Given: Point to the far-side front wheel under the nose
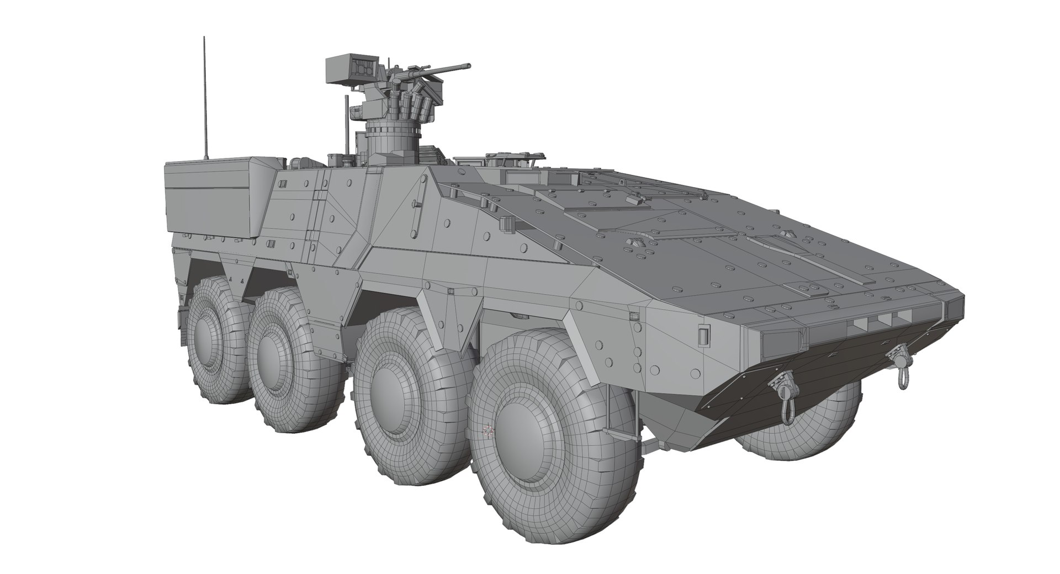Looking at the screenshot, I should click(x=801, y=419).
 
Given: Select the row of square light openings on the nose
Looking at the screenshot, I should click(x=878, y=321).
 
